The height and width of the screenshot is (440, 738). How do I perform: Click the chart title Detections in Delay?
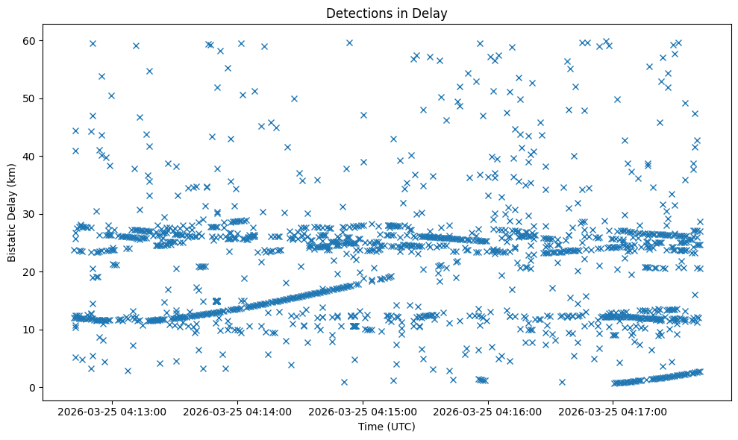click(387, 13)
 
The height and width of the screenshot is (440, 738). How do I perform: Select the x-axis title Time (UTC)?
click(387, 427)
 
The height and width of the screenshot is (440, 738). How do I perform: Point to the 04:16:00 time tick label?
click(488, 411)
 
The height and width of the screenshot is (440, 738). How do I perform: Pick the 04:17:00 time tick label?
click(613, 411)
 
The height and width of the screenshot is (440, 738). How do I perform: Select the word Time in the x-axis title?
click(371, 427)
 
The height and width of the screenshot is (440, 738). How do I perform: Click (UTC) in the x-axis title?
click(400, 427)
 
